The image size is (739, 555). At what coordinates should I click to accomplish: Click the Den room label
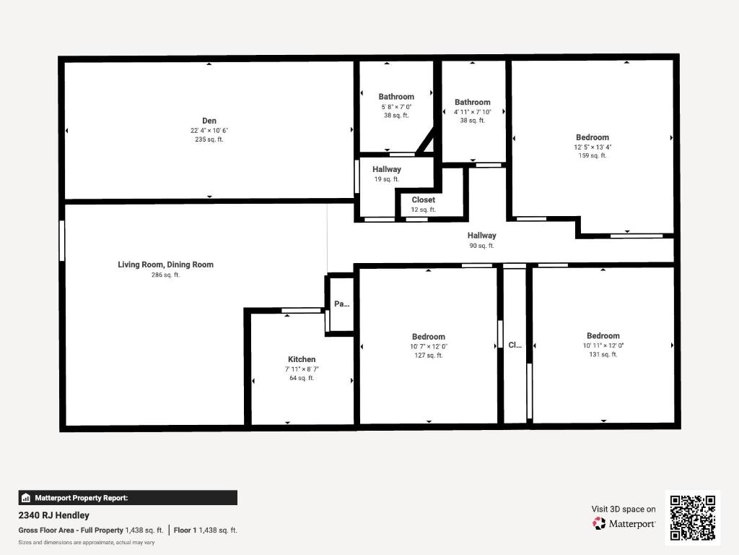pos(209,121)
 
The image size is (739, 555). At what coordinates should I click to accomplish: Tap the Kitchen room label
pos(302,359)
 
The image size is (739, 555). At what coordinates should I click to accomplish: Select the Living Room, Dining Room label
pos(165,264)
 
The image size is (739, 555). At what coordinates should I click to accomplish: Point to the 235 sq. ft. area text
pos(209,139)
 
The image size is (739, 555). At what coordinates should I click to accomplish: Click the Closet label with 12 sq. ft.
pos(424,200)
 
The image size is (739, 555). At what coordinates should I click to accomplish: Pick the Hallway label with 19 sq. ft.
pos(387,169)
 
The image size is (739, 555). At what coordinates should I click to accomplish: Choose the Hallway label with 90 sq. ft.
pos(481,236)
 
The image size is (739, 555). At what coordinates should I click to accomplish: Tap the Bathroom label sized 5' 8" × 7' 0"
pos(396,97)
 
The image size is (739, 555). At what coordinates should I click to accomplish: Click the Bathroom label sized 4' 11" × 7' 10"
pos(473,103)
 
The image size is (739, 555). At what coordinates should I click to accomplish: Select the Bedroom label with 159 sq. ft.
pos(592,137)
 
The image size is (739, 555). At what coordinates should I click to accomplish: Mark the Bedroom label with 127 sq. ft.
pos(429,337)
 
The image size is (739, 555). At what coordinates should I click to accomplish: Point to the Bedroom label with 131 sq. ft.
pos(603,336)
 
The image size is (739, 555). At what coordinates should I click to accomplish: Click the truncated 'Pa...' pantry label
pos(341,304)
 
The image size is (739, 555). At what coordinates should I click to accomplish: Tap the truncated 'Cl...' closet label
pos(515,345)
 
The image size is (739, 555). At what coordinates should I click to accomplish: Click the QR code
pos(693,517)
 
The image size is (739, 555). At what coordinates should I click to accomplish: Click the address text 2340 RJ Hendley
pos(54,515)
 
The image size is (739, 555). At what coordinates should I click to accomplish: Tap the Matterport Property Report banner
pos(128,497)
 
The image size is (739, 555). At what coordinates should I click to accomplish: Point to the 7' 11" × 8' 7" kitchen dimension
pos(302,369)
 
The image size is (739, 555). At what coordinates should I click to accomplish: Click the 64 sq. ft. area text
pos(302,378)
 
